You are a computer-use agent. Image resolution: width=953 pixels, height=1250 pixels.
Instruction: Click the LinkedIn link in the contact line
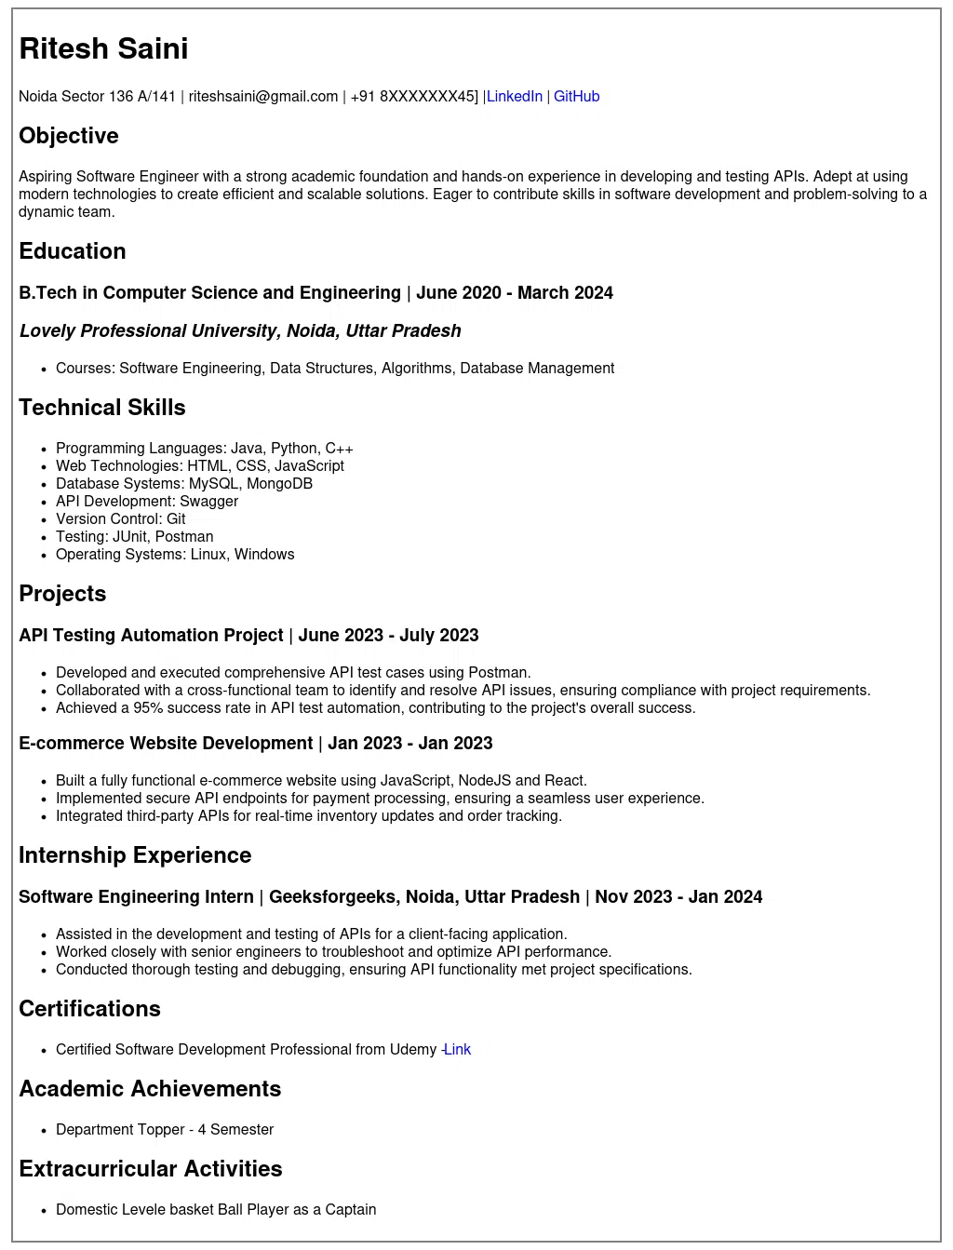coord(514,97)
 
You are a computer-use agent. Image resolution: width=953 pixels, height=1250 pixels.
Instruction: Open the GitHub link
coord(576,97)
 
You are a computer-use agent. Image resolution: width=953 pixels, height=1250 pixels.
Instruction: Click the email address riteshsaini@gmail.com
coord(263,97)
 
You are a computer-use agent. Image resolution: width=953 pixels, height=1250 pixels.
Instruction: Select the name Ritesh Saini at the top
coord(103,48)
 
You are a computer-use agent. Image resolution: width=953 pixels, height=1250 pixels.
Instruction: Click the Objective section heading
coord(69,136)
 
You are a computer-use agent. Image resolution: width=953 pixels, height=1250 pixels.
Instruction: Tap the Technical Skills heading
coord(102,408)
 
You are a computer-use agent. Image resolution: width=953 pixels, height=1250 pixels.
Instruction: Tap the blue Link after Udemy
coord(457,1050)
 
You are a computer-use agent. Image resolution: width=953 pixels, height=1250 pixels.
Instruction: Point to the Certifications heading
coord(89,1009)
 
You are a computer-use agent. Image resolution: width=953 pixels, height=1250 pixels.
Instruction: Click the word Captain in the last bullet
coord(351,1210)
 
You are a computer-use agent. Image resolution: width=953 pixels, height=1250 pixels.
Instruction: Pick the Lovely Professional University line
coord(240,331)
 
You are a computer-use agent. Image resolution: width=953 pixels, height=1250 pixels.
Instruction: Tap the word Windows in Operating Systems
coord(264,555)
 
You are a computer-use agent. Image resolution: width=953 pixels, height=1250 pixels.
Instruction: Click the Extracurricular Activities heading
coord(151,1169)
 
